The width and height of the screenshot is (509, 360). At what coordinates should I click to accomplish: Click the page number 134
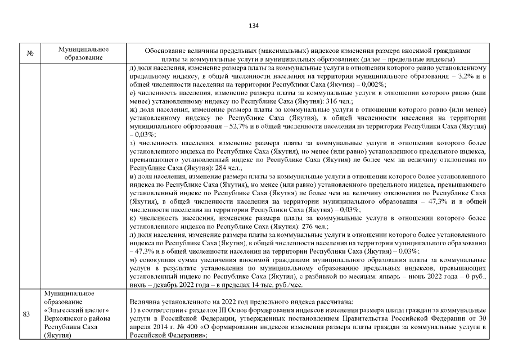[254, 25]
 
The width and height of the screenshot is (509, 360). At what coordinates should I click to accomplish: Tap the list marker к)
[133, 218]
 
